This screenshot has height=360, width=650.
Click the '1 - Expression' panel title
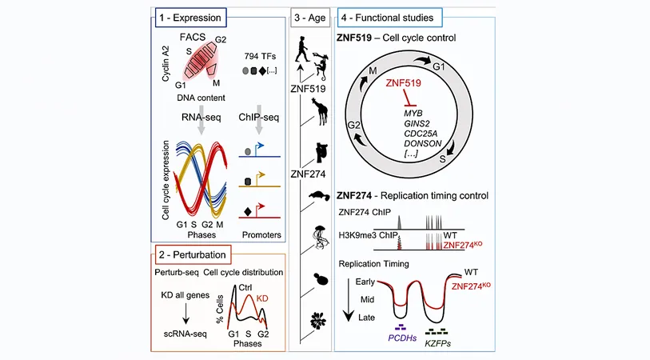coord(191,18)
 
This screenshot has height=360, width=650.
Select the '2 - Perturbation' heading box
coord(193,254)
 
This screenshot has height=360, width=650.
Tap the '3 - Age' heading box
coord(310,18)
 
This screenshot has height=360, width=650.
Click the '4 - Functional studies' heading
coord(389,18)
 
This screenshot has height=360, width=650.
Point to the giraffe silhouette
coord(320,110)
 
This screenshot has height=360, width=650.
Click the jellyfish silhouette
coord(319,238)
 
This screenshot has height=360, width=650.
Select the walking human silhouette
coord(302,49)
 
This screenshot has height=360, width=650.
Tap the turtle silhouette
coord(319,196)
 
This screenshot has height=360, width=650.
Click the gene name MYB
coord(413,114)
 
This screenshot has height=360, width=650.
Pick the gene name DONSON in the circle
coord(423,143)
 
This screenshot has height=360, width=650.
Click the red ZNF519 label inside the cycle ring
coord(403,83)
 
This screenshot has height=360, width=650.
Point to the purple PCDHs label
coord(402,338)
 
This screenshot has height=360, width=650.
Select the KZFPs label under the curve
coord(438,343)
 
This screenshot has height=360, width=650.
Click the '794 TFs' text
coord(260,56)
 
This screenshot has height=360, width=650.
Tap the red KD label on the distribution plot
coord(262,298)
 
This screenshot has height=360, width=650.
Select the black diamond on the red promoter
coord(248,212)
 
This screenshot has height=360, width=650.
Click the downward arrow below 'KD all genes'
coord(185,314)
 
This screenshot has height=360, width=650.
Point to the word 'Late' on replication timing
coord(366,318)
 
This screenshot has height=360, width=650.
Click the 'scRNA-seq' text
coord(185,334)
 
